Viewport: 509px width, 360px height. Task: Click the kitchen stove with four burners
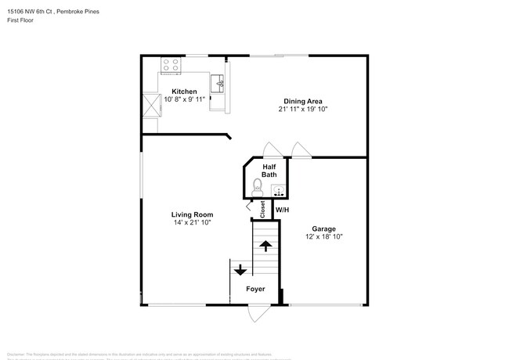pyautogui.click(x=171, y=65)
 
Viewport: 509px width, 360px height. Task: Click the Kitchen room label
pyautogui.click(x=184, y=92)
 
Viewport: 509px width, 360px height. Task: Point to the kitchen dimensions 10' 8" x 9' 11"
pyautogui.click(x=184, y=100)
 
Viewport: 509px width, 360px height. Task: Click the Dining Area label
pyautogui.click(x=302, y=100)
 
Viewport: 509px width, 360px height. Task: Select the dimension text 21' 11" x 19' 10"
pyautogui.click(x=302, y=110)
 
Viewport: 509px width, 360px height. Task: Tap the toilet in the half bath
pyautogui.click(x=258, y=186)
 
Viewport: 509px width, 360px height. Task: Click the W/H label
pyautogui.click(x=282, y=209)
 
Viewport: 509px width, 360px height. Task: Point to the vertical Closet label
pyautogui.click(x=262, y=209)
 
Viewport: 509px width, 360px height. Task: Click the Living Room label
pyautogui.click(x=192, y=214)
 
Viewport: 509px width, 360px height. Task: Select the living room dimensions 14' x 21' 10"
pyautogui.click(x=192, y=223)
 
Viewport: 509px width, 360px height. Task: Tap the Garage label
pyautogui.click(x=323, y=229)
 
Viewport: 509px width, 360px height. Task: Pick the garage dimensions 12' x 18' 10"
pyautogui.click(x=323, y=237)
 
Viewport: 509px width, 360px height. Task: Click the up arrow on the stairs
pyautogui.click(x=265, y=246)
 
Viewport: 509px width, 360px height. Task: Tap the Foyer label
pyautogui.click(x=255, y=289)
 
